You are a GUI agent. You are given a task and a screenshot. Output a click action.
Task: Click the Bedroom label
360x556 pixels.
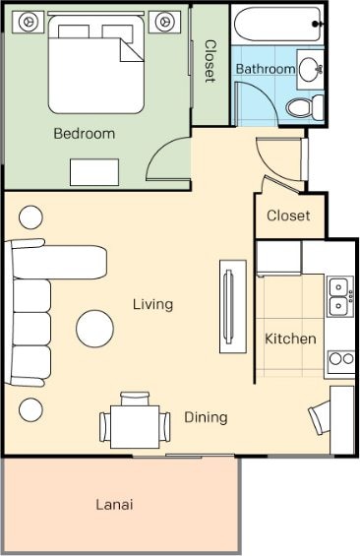[x=85, y=134]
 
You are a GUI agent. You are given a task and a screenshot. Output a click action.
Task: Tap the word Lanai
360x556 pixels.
[x=114, y=504]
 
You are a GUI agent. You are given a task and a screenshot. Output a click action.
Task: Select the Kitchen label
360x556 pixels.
[x=290, y=339]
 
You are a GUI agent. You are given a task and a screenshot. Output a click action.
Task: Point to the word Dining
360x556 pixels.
[x=206, y=417]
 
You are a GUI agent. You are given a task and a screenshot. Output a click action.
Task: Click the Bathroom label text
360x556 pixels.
[x=266, y=69]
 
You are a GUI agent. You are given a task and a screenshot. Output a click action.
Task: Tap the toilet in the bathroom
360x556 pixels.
[x=305, y=107]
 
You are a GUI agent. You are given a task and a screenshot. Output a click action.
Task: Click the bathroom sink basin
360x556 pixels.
[x=311, y=69]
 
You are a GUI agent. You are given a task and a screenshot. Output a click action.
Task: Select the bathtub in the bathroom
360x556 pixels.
[x=277, y=25]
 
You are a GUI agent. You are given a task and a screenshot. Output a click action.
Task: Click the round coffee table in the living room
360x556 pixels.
[x=95, y=329]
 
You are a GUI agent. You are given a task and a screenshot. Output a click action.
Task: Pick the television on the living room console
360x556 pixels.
[x=229, y=307]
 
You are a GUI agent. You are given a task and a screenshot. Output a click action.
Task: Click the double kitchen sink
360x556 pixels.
[x=339, y=296]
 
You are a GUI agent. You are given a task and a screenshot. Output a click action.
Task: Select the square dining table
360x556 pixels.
[x=135, y=427]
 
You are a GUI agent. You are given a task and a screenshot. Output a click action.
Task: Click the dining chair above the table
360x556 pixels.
[x=135, y=399]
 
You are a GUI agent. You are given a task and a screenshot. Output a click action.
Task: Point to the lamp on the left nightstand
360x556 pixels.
[x=28, y=22]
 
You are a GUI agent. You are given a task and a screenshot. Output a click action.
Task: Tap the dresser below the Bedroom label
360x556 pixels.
[x=94, y=172]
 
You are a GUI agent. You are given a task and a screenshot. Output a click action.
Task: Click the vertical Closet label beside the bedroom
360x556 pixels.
[x=210, y=61]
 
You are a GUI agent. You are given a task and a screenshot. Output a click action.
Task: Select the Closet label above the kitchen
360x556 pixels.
[x=288, y=216]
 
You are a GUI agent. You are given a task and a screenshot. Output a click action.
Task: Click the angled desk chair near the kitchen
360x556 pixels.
[x=320, y=417]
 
